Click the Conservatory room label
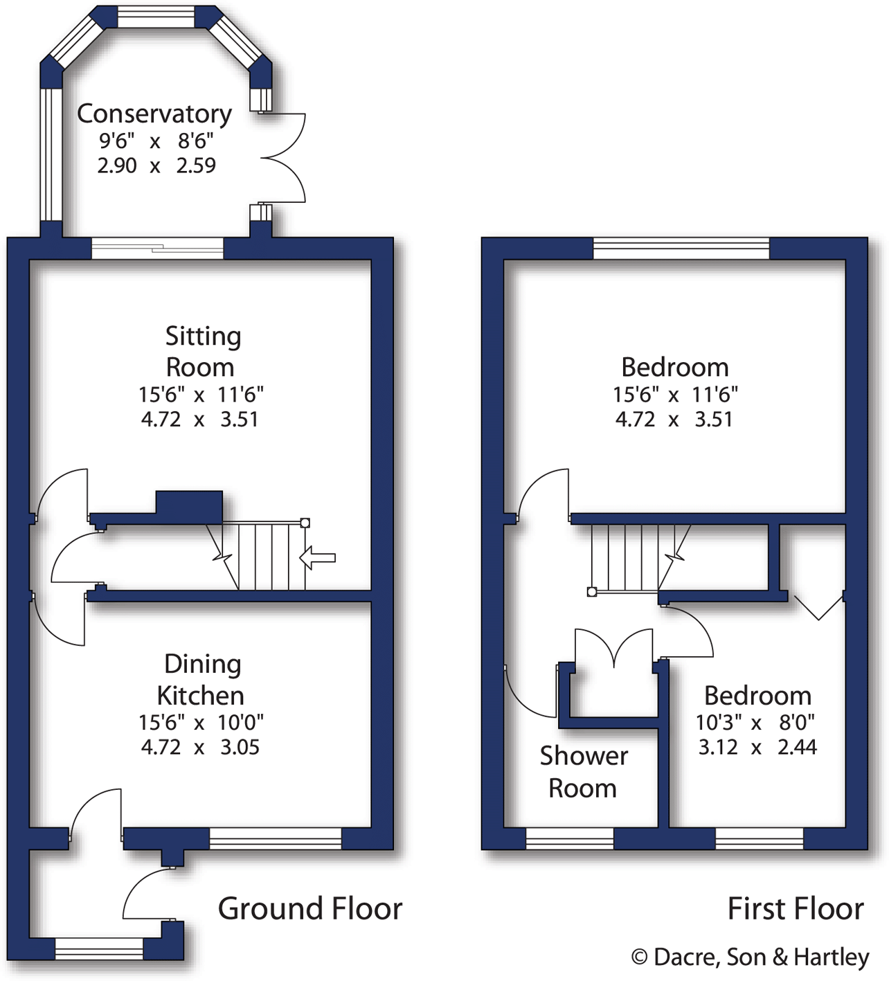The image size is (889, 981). click(x=154, y=114)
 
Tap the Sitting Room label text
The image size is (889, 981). click(x=201, y=351)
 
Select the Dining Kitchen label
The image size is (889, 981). click(x=201, y=679)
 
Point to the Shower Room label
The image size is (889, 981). click(x=584, y=772)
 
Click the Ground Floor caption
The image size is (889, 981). click(x=309, y=908)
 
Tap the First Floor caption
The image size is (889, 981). click(x=795, y=908)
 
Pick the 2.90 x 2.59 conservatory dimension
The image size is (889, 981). click(x=156, y=165)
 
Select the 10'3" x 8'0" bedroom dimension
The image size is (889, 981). click(x=755, y=722)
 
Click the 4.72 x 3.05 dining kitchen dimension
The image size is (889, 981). click(x=200, y=747)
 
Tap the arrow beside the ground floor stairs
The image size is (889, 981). click(x=318, y=557)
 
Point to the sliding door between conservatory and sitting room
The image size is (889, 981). click(x=158, y=247)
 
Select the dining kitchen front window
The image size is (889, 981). click(x=275, y=838)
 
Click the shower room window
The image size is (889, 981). click(x=569, y=838)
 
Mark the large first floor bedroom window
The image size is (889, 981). click(x=681, y=248)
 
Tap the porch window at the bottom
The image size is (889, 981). click(x=98, y=948)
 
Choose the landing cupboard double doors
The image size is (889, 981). click(x=614, y=647)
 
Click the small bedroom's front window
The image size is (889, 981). click(x=759, y=838)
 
